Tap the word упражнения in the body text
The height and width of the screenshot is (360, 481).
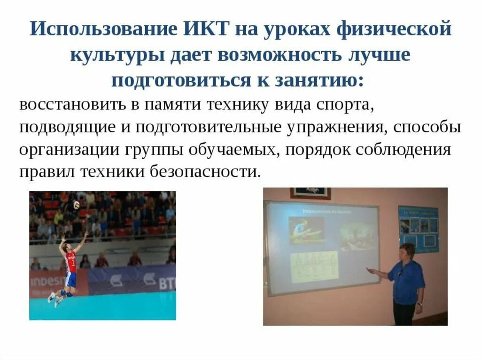[339, 128]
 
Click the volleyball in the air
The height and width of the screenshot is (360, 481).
[76, 204]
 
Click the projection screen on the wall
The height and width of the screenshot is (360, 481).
[322, 247]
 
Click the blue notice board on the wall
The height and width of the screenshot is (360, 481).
[418, 228]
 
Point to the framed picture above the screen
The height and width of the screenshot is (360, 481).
[310, 193]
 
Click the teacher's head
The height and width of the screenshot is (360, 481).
[407, 252]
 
